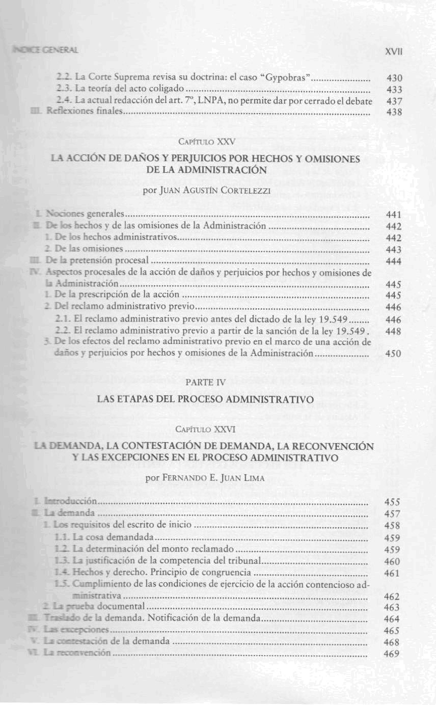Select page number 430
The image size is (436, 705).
tap(395, 78)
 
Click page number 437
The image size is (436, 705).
tap(395, 101)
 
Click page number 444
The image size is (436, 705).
tap(395, 261)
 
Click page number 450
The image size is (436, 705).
tap(395, 354)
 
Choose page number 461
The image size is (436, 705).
tap(395, 573)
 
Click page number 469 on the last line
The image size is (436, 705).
tap(395, 654)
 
